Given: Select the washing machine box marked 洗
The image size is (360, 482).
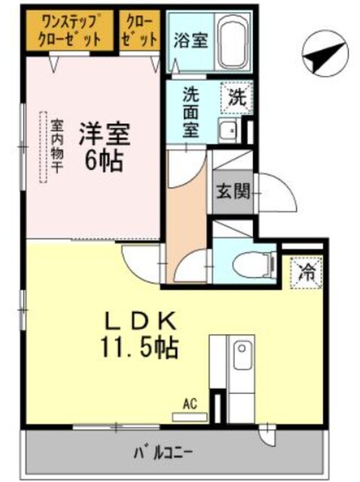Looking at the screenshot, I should click(x=237, y=97).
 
